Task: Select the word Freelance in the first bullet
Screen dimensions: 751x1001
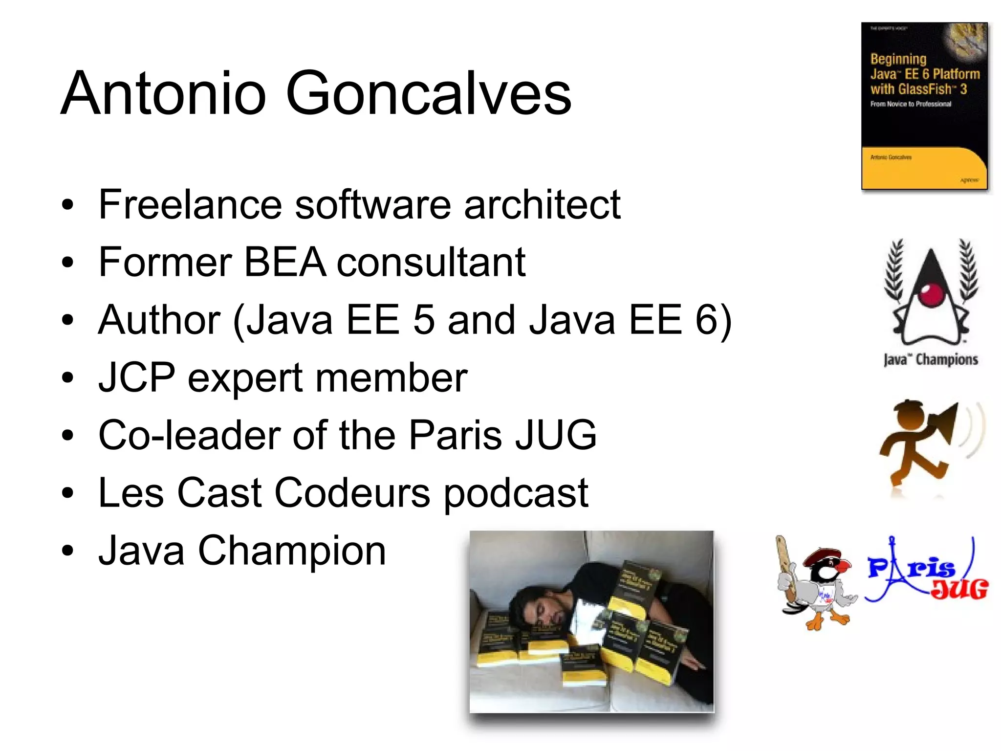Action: click(190, 204)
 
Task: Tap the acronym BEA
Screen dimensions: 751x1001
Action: click(285, 262)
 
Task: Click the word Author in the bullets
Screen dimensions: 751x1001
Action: click(159, 320)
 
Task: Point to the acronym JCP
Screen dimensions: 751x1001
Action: click(136, 377)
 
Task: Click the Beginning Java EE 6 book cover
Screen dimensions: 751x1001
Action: click(924, 106)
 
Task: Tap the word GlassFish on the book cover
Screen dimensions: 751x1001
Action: click(911, 89)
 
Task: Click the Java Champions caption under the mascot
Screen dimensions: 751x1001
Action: click(931, 360)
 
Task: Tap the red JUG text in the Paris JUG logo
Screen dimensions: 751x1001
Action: click(959, 589)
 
